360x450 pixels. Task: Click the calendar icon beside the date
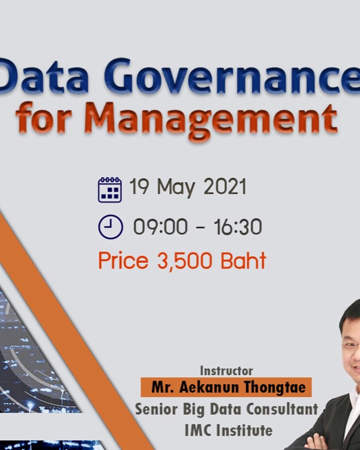[x=110, y=190]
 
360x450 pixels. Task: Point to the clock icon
[x=111, y=227]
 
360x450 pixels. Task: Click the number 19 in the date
[x=139, y=186]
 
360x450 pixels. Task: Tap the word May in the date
[x=176, y=188]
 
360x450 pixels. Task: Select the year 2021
[x=225, y=186]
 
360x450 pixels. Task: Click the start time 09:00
[x=161, y=226]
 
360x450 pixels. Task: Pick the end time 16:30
[x=238, y=226]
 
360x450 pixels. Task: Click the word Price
[x=123, y=260]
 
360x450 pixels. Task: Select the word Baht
[x=243, y=260]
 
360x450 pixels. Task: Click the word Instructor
[x=226, y=371]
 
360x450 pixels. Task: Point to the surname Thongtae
[x=275, y=387]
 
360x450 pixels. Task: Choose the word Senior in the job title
[x=156, y=409]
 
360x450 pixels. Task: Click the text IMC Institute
[x=228, y=430]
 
